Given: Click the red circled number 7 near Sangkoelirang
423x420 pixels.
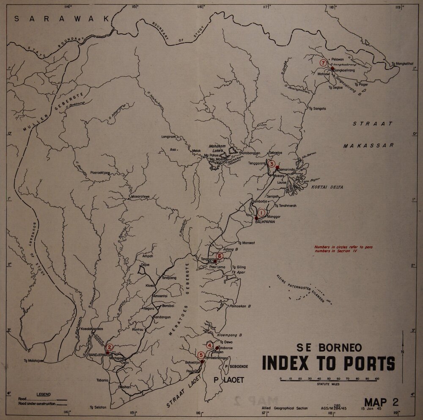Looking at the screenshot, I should point(324,63).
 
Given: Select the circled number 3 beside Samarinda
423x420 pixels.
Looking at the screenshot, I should point(272,164).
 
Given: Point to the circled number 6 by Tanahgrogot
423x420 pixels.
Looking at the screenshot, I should point(219,256).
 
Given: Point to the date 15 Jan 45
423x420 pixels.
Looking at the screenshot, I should point(371,409).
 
